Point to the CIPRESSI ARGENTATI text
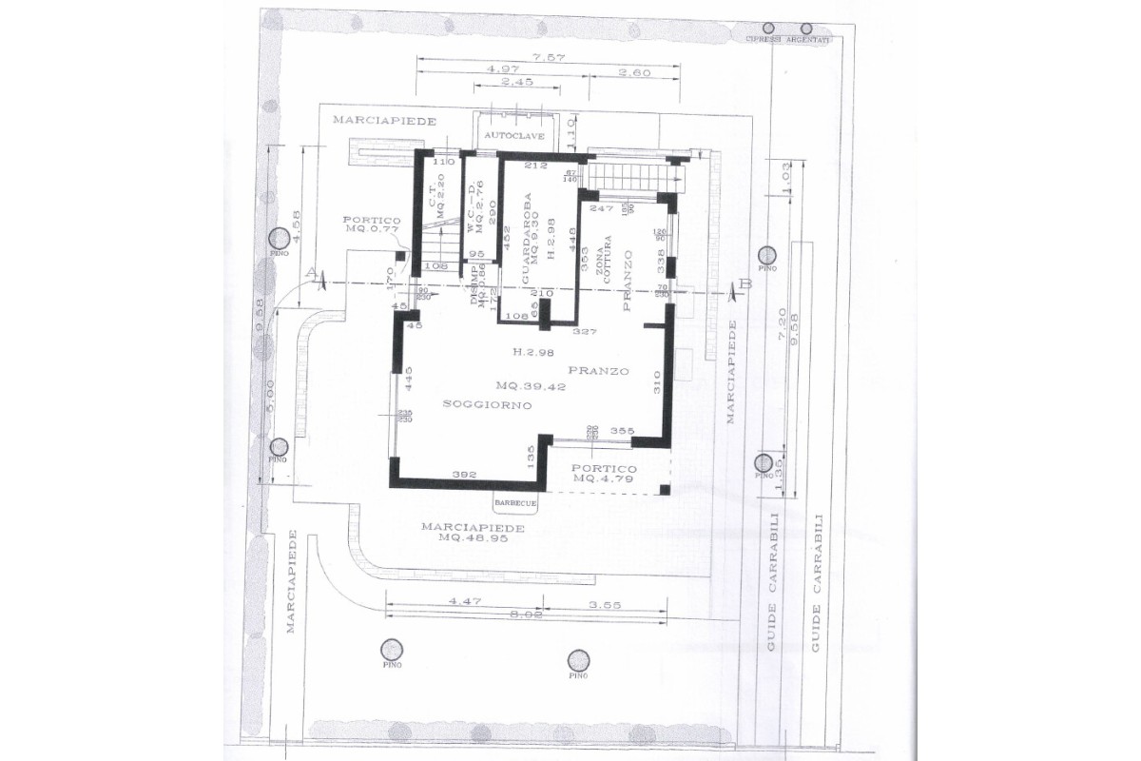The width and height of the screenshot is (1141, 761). click(788, 40)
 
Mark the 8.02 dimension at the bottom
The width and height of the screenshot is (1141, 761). click(527, 615)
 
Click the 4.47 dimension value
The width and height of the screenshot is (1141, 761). click(462, 602)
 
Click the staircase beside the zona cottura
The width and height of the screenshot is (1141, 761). click(628, 175)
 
